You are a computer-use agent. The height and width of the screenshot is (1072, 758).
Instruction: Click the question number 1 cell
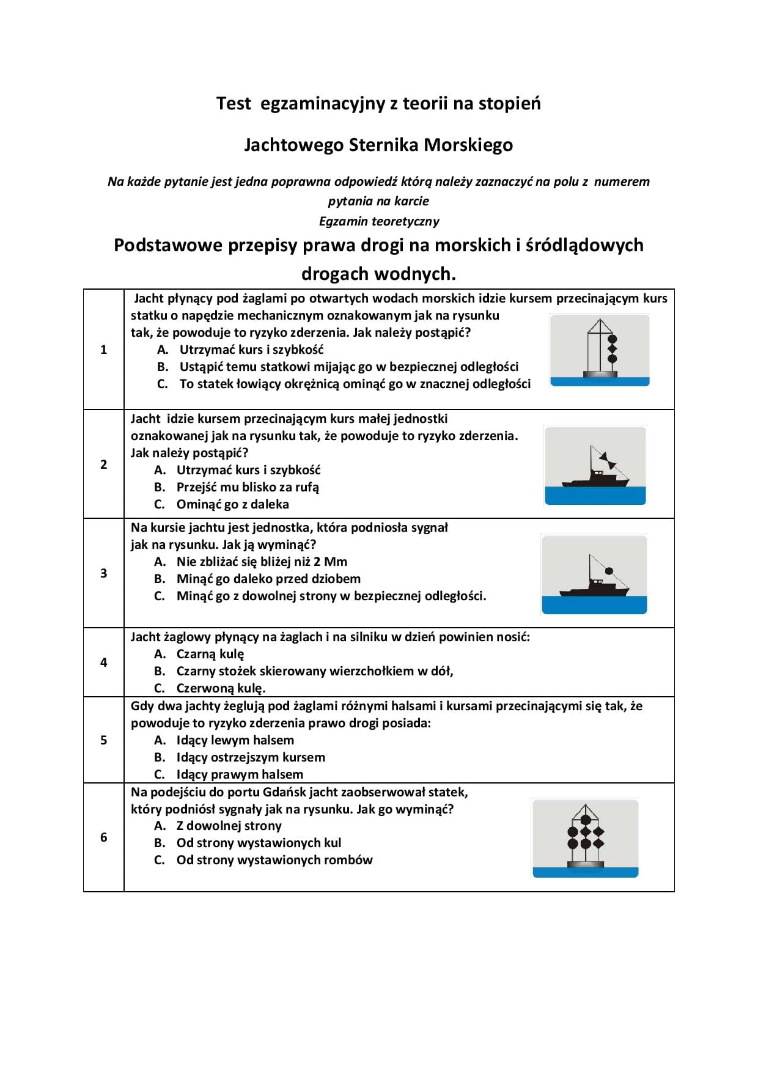coord(103,350)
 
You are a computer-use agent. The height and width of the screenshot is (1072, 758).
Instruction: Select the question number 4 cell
coord(103,663)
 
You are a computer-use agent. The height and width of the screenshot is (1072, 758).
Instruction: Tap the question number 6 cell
coord(103,837)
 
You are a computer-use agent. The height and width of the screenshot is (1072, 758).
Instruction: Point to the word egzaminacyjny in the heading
coord(323,104)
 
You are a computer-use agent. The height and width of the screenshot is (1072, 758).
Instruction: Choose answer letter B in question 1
coord(163,367)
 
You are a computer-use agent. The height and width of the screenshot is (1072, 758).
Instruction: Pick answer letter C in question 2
coord(160,504)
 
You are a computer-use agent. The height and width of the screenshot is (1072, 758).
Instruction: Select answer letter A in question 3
coord(160,562)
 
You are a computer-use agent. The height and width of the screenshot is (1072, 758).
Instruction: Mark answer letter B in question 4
coord(160,671)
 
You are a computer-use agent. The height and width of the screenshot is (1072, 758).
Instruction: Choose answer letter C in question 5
coord(160,774)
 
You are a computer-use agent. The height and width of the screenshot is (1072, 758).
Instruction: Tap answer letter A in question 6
coord(160,826)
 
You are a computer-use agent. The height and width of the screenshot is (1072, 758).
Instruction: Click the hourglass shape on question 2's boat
coord(607,460)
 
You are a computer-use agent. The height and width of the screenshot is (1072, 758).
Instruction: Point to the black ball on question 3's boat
coord(609,571)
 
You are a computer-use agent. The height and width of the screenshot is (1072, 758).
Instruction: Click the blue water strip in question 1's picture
coord(600,382)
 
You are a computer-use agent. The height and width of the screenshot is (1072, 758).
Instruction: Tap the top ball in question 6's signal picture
coord(586,820)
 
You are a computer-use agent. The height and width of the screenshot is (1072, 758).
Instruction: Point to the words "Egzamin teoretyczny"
coord(379,221)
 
